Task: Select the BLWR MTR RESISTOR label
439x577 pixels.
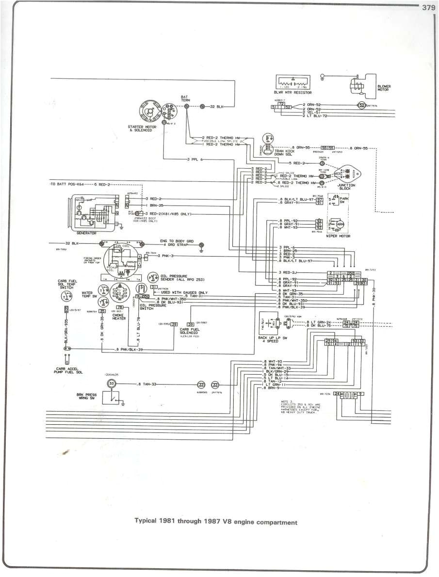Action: click(293, 92)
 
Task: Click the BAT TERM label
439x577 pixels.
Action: click(184, 98)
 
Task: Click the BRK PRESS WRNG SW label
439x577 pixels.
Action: click(86, 396)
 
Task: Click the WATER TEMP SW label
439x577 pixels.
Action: click(87, 294)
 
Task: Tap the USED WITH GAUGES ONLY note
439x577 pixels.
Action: click(184, 292)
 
